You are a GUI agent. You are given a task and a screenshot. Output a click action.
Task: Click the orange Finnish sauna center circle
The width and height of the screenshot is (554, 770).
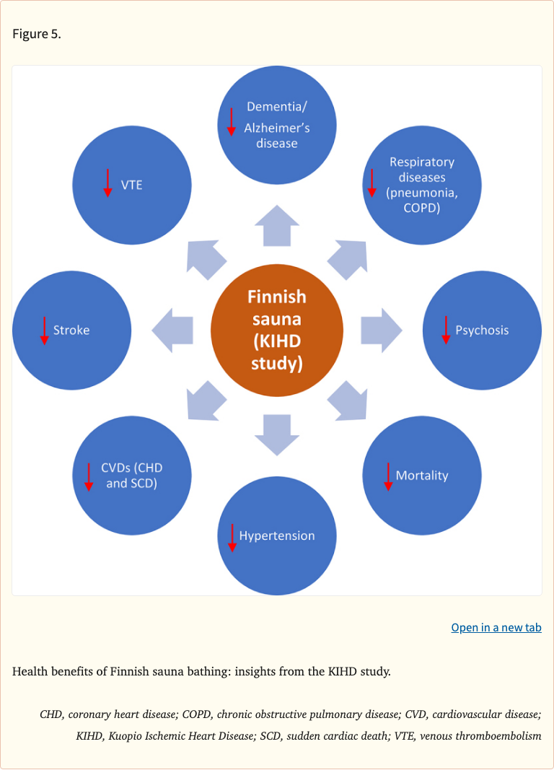point(277,330)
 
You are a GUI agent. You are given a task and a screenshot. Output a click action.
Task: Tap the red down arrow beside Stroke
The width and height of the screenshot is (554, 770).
point(44,331)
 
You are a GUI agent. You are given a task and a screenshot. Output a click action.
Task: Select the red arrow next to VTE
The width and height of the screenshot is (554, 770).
point(107,183)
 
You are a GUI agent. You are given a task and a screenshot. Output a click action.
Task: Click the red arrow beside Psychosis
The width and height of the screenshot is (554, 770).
point(446,330)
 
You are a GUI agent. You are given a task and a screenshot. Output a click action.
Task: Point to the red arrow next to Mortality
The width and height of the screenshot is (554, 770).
point(387,476)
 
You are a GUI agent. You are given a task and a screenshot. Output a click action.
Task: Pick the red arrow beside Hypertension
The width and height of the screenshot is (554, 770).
point(232,538)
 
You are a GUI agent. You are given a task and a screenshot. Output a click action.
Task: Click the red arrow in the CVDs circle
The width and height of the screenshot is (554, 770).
point(89,477)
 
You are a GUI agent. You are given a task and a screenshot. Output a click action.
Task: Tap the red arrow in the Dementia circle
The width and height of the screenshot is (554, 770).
point(232,121)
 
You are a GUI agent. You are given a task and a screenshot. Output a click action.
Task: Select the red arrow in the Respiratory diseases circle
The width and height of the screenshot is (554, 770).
point(372,183)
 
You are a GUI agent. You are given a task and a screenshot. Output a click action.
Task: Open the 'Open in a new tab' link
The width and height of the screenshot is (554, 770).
point(496,628)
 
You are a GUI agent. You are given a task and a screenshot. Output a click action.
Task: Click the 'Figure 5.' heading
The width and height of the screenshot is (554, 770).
point(37,34)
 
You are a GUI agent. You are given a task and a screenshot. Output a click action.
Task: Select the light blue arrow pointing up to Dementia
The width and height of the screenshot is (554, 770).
point(277,225)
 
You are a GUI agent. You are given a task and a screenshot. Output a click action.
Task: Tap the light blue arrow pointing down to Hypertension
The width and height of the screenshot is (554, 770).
point(277,434)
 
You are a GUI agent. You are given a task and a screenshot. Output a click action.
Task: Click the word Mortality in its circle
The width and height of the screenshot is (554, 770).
point(422,476)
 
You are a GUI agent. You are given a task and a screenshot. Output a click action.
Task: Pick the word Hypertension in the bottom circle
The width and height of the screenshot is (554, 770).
point(277,536)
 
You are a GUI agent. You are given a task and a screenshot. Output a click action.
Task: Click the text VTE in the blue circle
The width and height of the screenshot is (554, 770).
point(131,185)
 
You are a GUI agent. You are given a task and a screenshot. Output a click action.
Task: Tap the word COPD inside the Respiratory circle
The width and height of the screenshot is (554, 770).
point(422,209)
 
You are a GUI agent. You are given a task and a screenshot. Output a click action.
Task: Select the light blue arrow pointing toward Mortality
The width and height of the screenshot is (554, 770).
point(348,401)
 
